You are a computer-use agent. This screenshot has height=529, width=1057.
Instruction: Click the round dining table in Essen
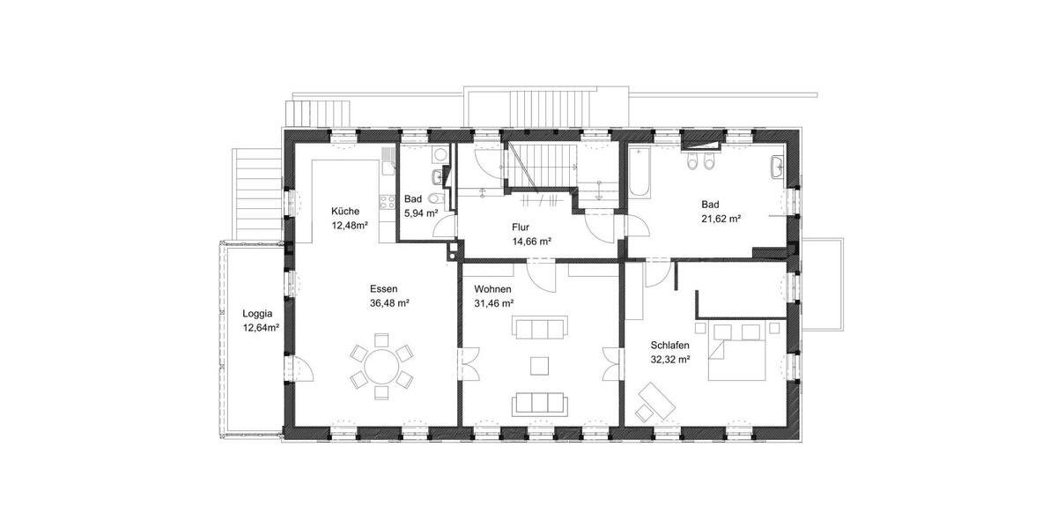tap(381, 365)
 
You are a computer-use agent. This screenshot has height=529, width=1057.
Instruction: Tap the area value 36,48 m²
tap(389, 302)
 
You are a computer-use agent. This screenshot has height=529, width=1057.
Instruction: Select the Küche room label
tap(344, 212)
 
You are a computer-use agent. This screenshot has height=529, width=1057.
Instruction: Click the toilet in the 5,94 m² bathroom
tap(432, 199)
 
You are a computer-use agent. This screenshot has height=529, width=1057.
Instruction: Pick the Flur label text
tap(521, 227)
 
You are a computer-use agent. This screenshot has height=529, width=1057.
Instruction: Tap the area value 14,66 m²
tap(531, 241)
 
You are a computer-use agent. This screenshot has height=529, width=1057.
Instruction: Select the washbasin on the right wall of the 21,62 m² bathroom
tap(778, 168)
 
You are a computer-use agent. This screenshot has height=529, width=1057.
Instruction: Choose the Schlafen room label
tap(670, 346)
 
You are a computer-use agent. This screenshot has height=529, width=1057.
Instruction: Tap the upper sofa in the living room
tap(539, 329)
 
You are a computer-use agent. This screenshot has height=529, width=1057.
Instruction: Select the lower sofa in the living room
tap(539, 403)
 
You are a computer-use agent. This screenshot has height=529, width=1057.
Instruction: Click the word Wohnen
tap(492, 289)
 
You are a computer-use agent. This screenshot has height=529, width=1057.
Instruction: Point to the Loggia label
tap(258, 314)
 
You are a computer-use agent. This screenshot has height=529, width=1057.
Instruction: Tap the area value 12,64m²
tap(261, 328)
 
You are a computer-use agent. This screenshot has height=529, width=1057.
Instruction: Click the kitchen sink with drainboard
tap(388, 160)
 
